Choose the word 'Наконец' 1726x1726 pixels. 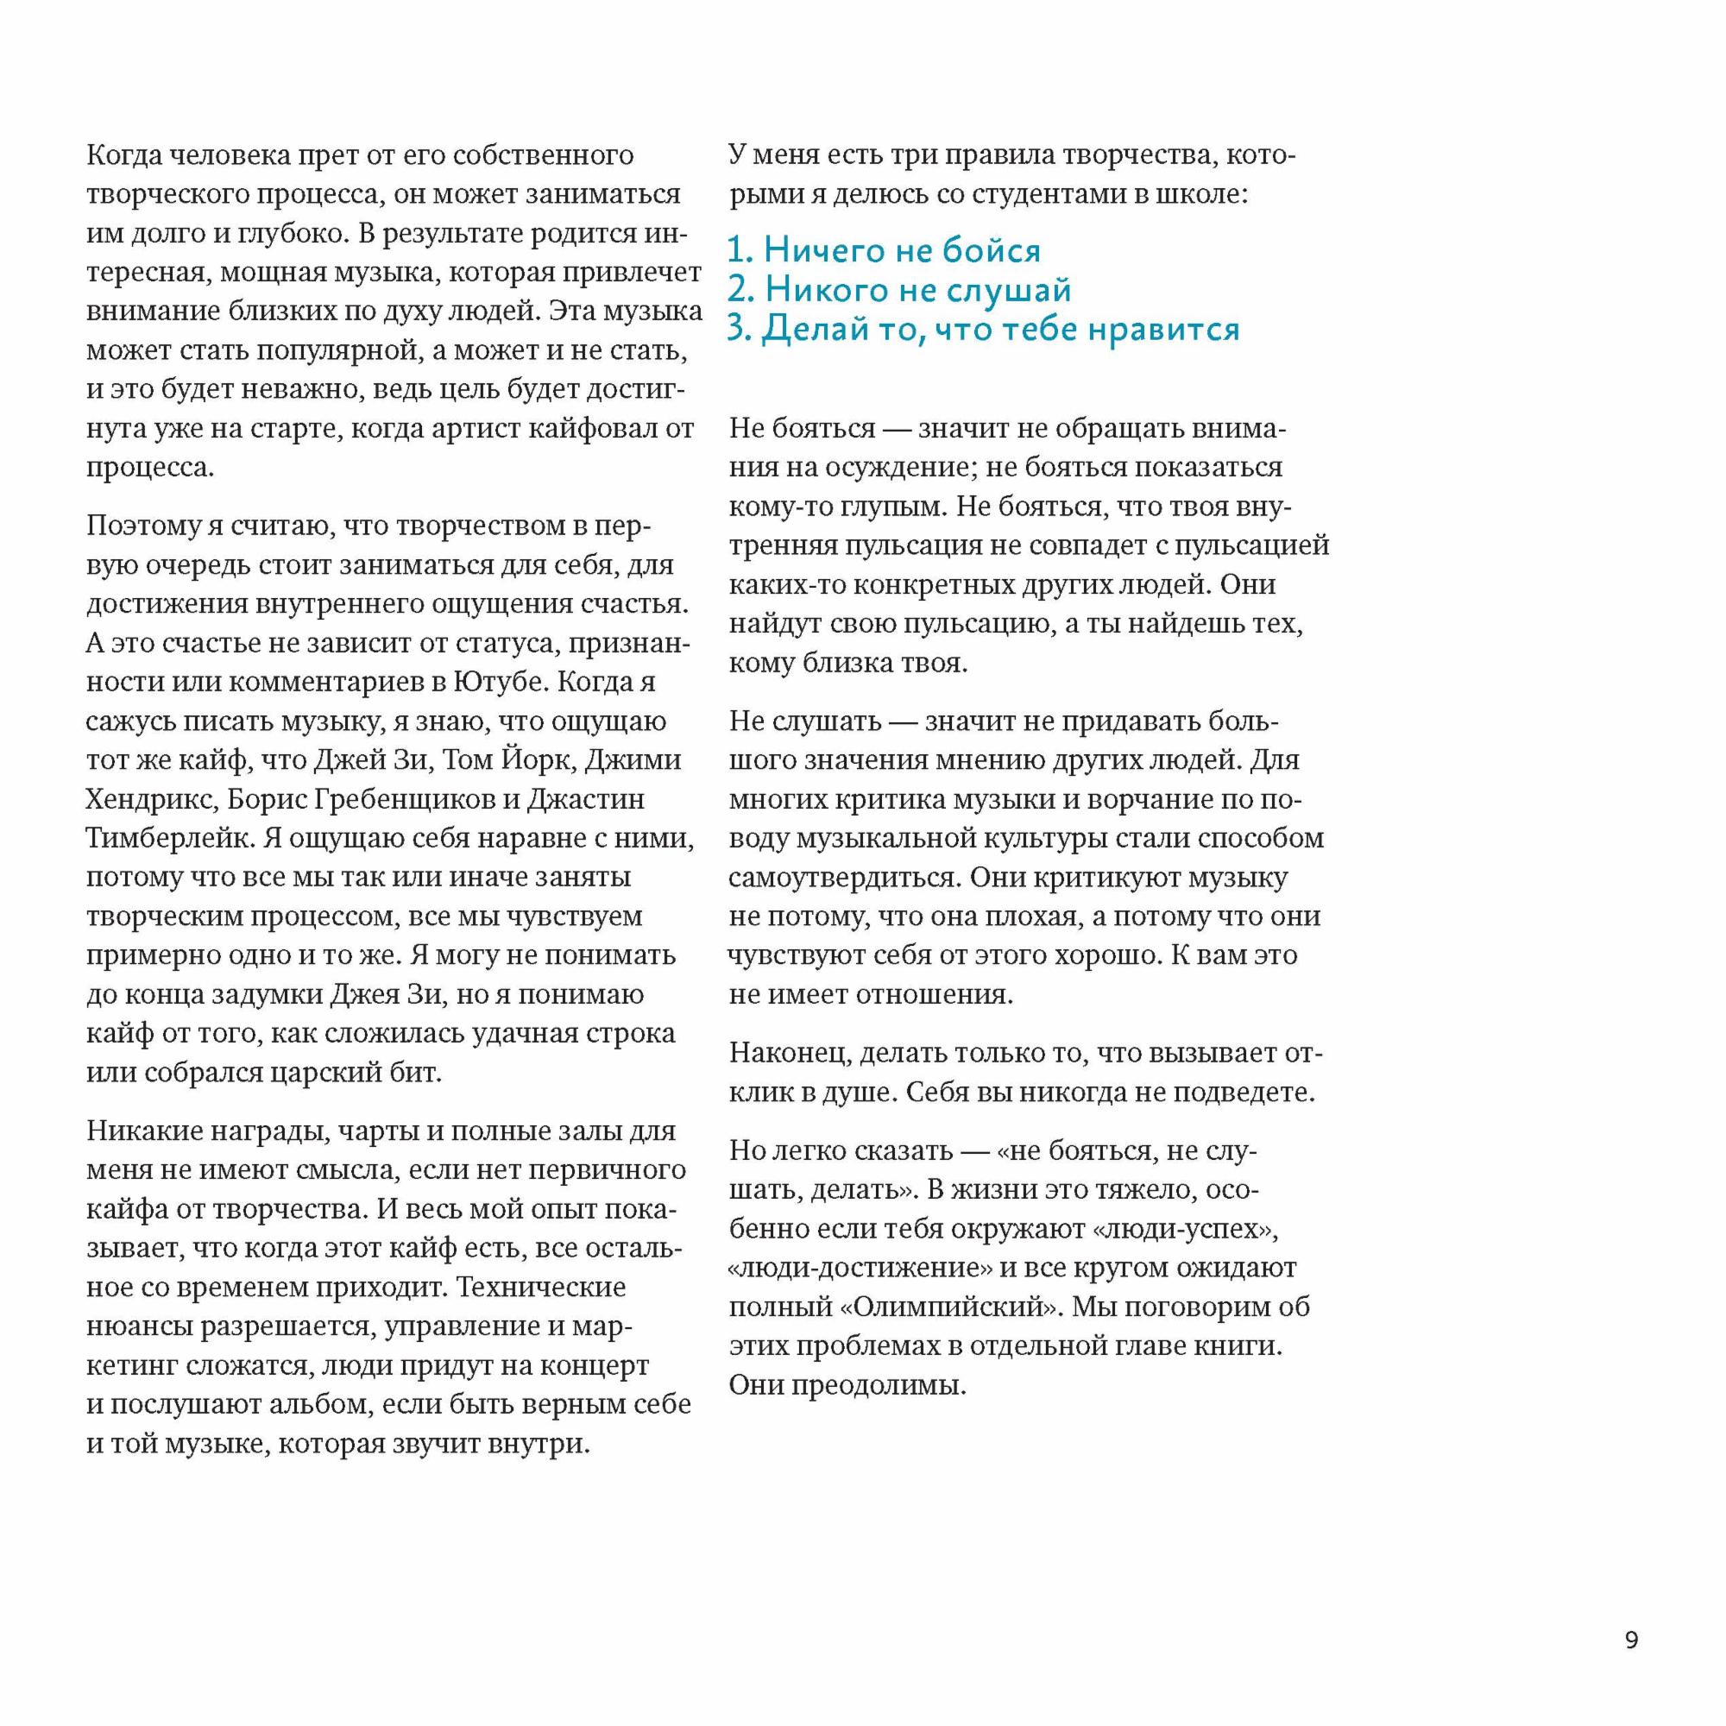click(x=789, y=1053)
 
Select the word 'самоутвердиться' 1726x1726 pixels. click(x=844, y=879)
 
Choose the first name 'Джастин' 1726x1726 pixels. click(x=587, y=800)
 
